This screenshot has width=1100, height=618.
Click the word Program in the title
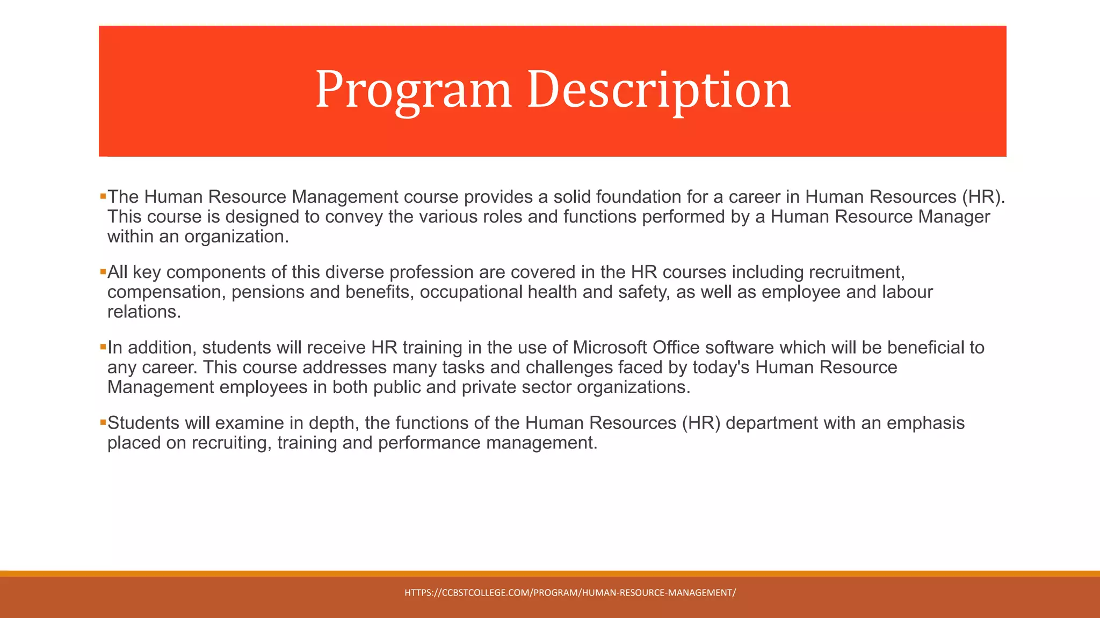[412, 90]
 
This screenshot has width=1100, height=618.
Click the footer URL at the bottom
[570, 593]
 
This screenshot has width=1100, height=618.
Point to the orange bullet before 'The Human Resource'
[103, 197]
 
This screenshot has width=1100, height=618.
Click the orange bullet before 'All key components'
[103, 272]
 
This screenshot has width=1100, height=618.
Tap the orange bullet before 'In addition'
[103, 347]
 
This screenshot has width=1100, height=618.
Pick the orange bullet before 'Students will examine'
[103, 423]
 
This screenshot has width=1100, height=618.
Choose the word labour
[907, 292]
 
